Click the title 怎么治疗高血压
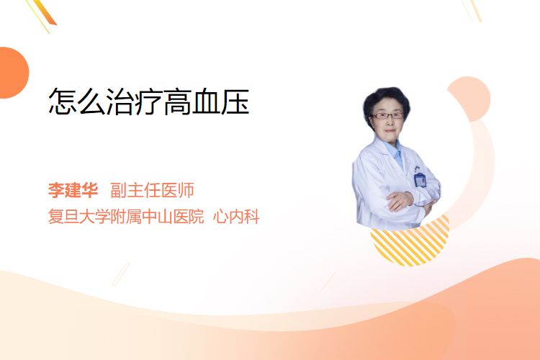pyautogui.click(x=149, y=102)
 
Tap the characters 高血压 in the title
pyautogui.click(x=207, y=102)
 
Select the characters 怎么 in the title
pyautogui.click(x=77, y=102)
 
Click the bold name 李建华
pyautogui.click(x=73, y=190)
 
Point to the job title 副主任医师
pyautogui.click(x=152, y=190)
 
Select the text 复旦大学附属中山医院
pyautogui.click(x=126, y=216)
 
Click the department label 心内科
pyautogui.click(x=236, y=216)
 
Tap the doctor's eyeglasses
pyautogui.click(x=387, y=115)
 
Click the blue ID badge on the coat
pyautogui.click(x=420, y=179)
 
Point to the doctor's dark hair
pyautogui.click(x=386, y=98)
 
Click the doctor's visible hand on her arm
pyautogui.click(x=400, y=200)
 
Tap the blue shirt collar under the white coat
pyautogui.click(x=395, y=152)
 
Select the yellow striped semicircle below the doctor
pyautogui.click(x=410, y=246)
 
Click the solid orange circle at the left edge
pyautogui.click(x=13, y=73)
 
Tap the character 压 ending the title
pyautogui.click(x=235, y=102)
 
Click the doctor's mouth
pyautogui.click(x=390, y=130)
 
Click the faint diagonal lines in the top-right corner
pyautogui.click(x=472, y=10)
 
